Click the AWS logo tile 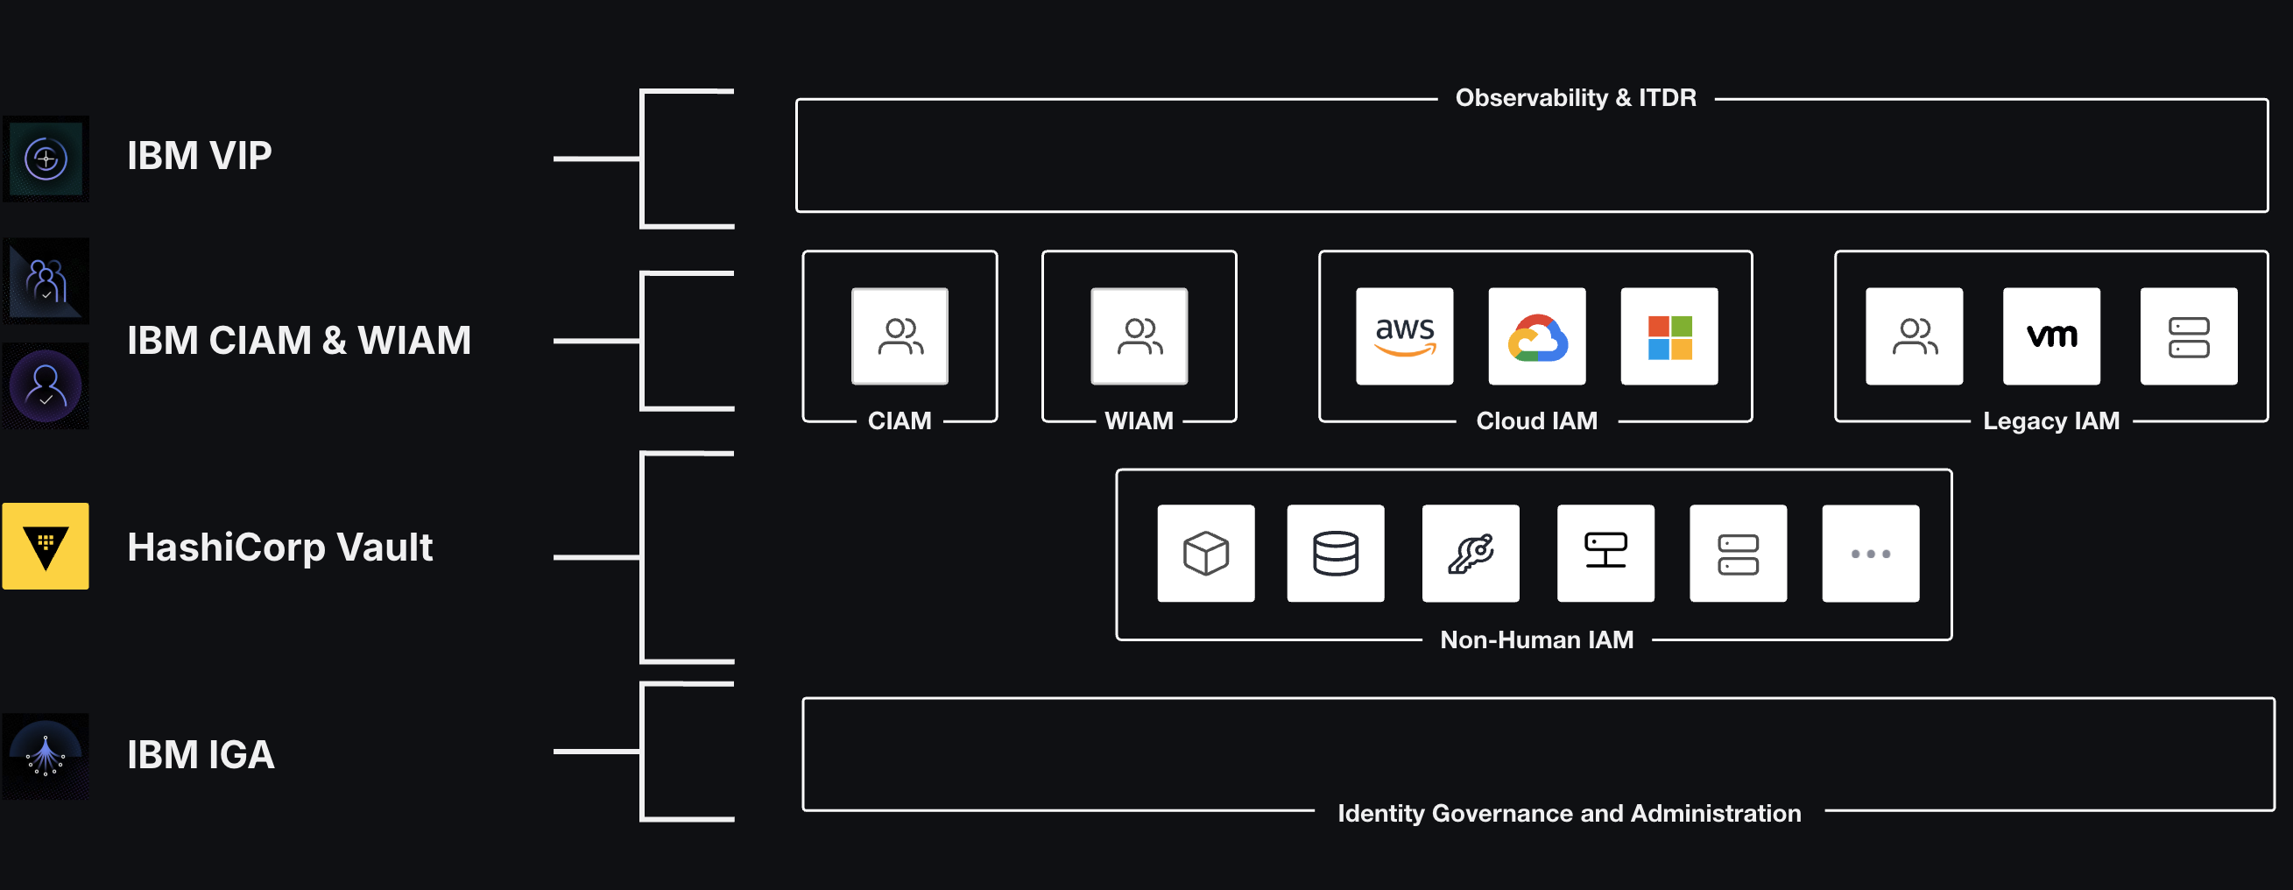(x=1405, y=336)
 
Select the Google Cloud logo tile (x=1537, y=336)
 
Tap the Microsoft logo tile (x=1669, y=336)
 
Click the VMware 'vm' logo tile (x=2051, y=336)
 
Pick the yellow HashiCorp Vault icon (x=46, y=547)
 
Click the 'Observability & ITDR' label (x=1576, y=98)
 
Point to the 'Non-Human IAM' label (x=1536, y=640)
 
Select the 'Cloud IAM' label (x=1536, y=421)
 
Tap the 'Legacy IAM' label (x=2051, y=421)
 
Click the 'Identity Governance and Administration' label (x=1569, y=814)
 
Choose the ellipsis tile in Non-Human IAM (x=1870, y=554)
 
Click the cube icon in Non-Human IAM (x=1206, y=554)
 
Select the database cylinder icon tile (x=1335, y=554)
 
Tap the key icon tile (x=1471, y=554)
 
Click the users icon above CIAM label (x=900, y=336)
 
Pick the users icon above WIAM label (x=1139, y=336)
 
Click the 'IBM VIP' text (x=200, y=157)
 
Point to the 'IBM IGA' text (x=201, y=756)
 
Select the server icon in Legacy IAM (x=2188, y=336)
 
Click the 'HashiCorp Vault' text (x=279, y=547)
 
